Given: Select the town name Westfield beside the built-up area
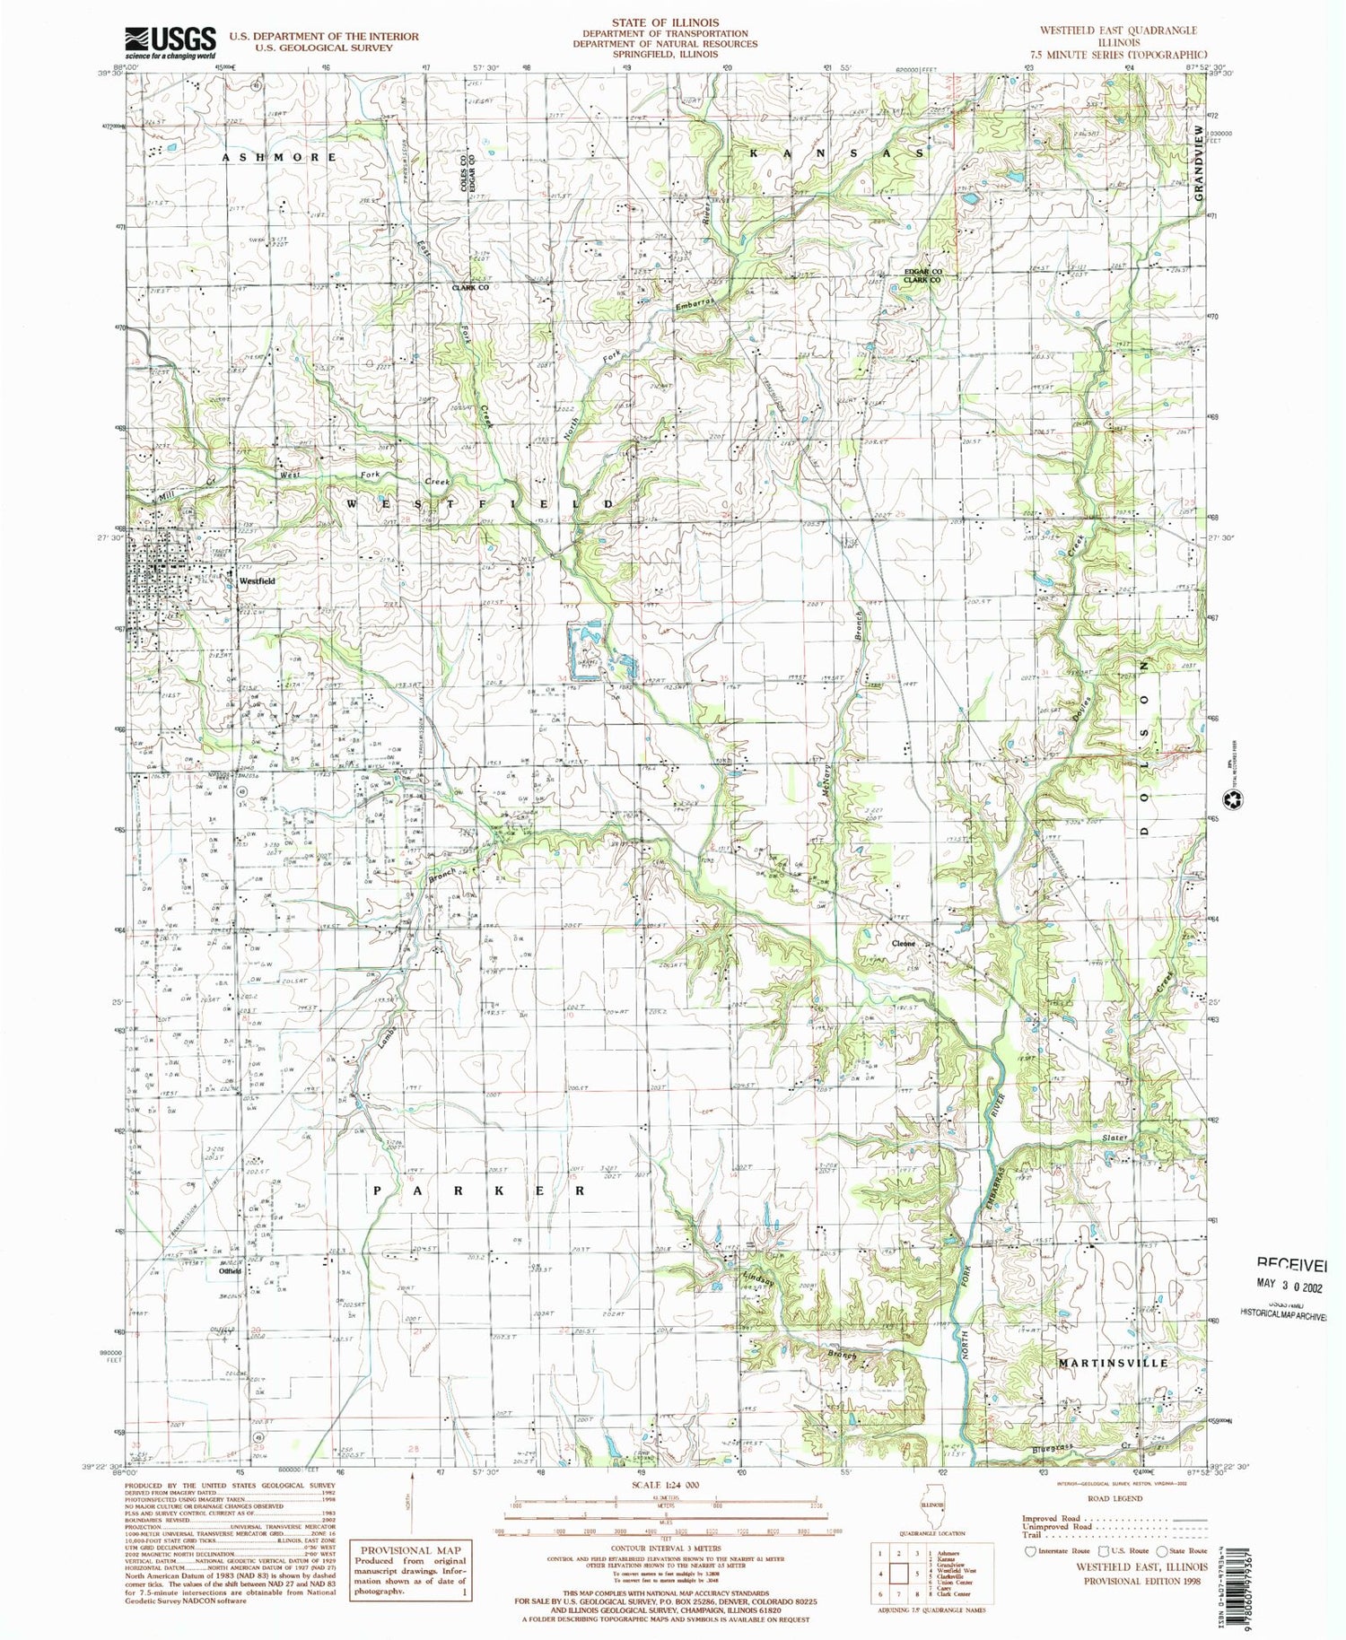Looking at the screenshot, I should (x=257, y=580).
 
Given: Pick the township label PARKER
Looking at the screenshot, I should (x=479, y=1191).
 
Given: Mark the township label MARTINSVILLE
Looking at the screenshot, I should (x=1114, y=1363).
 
